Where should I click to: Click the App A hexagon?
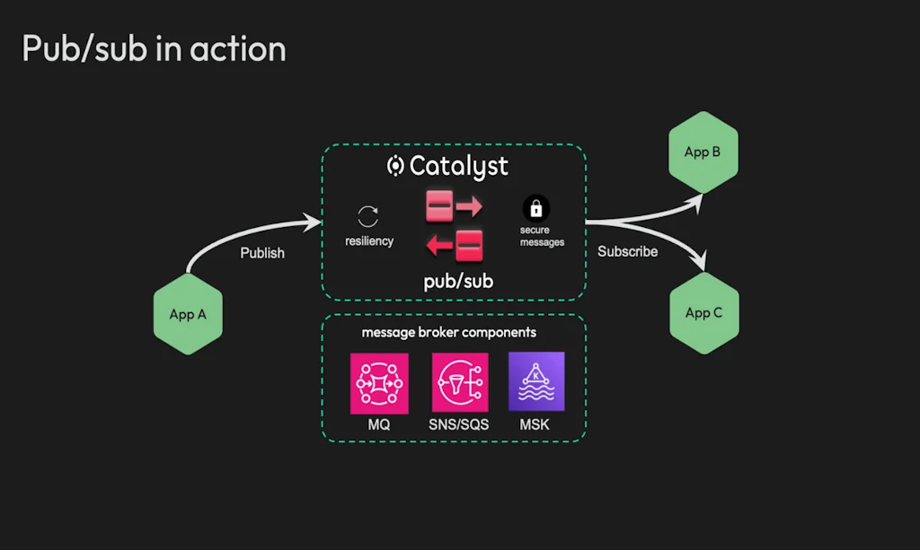point(188,315)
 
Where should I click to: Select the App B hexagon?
point(703,153)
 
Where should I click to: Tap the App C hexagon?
point(703,313)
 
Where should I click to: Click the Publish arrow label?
point(262,253)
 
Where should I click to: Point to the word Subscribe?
point(627,251)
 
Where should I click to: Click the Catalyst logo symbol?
point(395,166)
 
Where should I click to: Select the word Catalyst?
point(459,166)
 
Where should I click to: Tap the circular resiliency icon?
point(368,216)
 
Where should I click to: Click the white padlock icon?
point(536,209)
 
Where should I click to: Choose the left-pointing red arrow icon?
point(455,244)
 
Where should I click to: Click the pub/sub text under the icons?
point(458,282)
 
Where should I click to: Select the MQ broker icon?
point(379,383)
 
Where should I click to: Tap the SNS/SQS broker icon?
point(459,383)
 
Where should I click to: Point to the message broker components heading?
point(449,333)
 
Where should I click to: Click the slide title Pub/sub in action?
point(154,48)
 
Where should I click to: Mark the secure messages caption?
point(542,237)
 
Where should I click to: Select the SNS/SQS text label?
point(459,424)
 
